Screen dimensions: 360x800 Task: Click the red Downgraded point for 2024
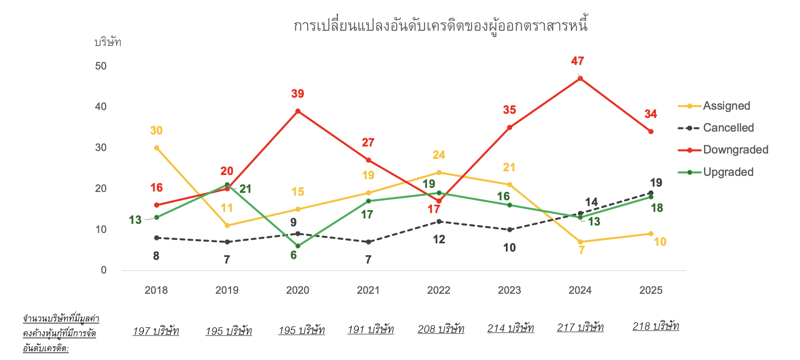(x=580, y=78)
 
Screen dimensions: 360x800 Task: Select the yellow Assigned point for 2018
(x=156, y=148)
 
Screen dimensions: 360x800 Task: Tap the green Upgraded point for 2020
(x=298, y=246)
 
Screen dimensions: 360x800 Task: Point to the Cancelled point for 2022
(x=439, y=221)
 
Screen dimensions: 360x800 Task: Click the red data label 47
(x=577, y=61)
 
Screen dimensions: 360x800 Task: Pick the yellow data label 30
(x=156, y=131)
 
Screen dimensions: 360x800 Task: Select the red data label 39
(x=297, y=94)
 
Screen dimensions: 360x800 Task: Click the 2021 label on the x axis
(x=368, y=290)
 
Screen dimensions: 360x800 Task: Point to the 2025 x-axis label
(x=651, y=290)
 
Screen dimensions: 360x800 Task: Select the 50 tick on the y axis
(x=101, y=66)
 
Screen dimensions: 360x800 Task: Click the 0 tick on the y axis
(x=104, y=270)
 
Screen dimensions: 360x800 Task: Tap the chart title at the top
(x=441, y=26)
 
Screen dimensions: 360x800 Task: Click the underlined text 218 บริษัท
(x=656, y=326)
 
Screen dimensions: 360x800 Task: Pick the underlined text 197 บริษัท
(x=156, y=331)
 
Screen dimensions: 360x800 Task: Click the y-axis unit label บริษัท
(x=108, y=42)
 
